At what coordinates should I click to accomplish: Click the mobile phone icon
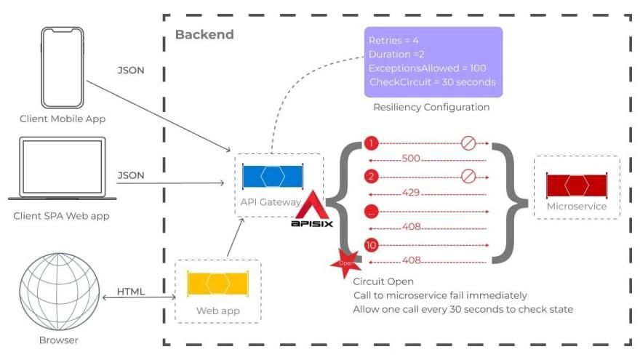pos(62,66)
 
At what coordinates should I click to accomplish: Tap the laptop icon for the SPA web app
pos(62,169)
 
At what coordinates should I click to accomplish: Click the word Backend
pos(204,34)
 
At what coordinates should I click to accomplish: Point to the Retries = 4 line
pos(393,40)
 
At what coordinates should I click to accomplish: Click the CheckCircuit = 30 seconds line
pos(432,81)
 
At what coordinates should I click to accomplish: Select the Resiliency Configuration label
pos(431,107)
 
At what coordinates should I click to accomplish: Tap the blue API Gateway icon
pos(273,177)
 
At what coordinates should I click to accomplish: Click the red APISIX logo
pos(312,211)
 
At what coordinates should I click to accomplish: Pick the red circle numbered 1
pos(372,143)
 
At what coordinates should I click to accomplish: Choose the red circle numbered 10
pos(372,245)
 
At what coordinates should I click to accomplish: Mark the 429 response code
pos(412,193)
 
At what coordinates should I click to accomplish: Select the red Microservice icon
pos(576,185)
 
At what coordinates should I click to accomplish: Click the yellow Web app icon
pos(218,283)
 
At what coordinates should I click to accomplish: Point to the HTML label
pos(131,291)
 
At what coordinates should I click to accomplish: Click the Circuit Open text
pos(383,281)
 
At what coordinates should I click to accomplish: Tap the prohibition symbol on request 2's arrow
pos(468,176)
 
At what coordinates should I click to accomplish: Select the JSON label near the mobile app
pos(131,71)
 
